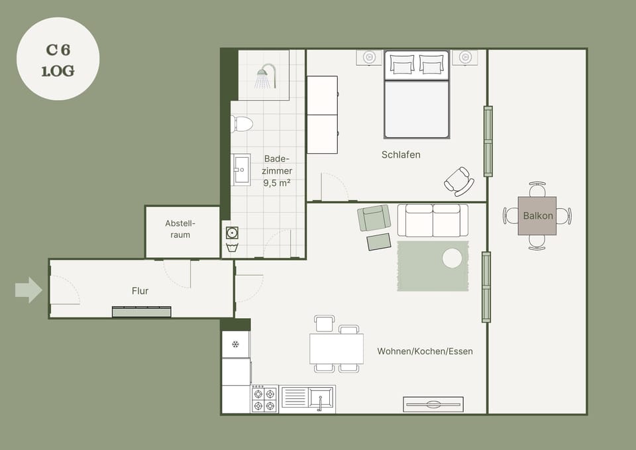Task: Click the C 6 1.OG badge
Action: [58, 59]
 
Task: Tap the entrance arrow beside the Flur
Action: [28, 290]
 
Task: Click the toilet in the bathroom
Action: [242, 124]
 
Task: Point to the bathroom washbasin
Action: [241, 170]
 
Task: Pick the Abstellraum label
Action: [180, 229]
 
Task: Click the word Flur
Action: [140, 291]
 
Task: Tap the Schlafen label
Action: [401, 154]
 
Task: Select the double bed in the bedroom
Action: [417, 95]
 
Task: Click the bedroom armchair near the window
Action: [459, 182]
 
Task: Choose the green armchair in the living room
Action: [374, 218]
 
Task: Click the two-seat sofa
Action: [433, 220]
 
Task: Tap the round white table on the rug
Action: [452, 258]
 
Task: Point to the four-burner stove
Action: [264, 400]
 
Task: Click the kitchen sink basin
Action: [321, 397]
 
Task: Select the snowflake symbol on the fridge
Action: [235, 345]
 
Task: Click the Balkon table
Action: [537, 216]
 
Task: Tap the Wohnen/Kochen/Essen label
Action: [425, 351]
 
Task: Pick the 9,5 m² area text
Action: [277, 183]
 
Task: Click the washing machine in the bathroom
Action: [232, 233]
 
